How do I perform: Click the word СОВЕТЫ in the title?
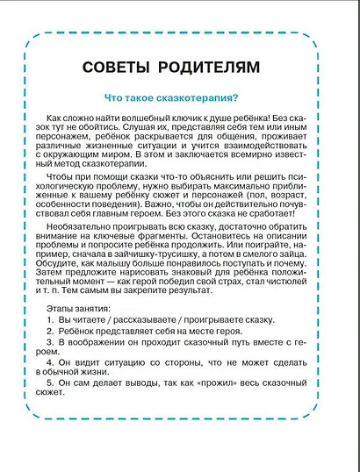[x=121, y=67]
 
